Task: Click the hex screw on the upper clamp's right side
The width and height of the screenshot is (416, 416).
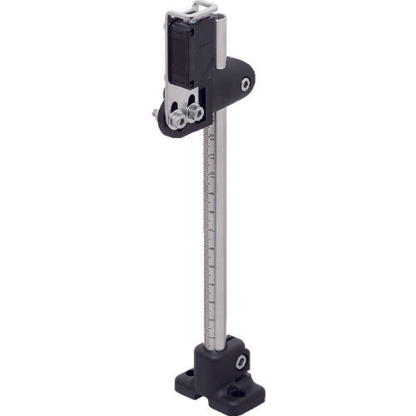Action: (x=245, y=85)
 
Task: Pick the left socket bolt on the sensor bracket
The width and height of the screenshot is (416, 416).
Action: (x=177, y=120)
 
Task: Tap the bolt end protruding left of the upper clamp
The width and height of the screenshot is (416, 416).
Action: (x=156, y=113)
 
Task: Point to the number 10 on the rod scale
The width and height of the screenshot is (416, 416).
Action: (x=212, y=174)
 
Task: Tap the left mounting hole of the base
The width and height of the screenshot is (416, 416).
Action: (x=189, y=374)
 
